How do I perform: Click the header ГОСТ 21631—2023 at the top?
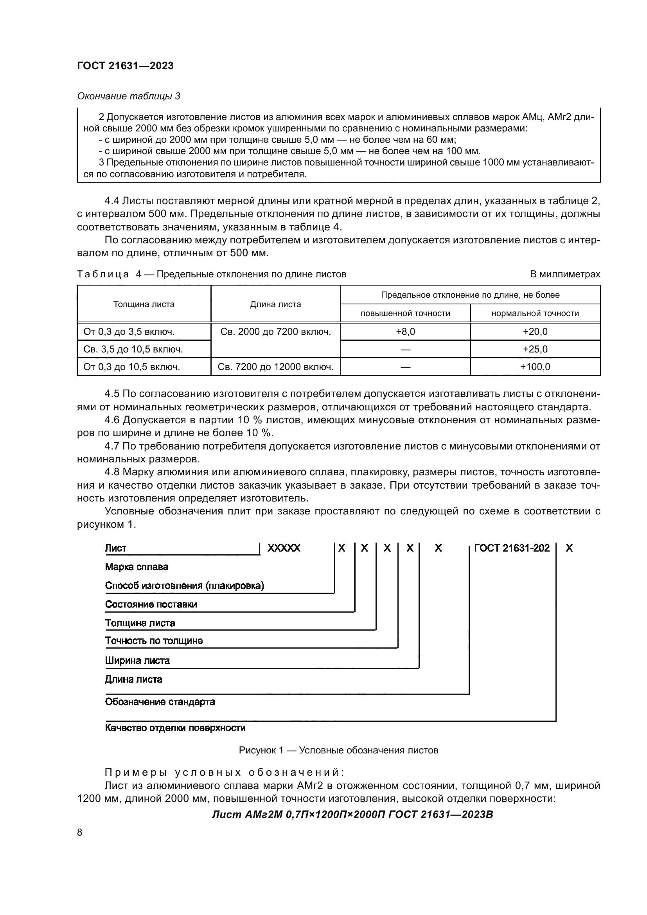point(125,66)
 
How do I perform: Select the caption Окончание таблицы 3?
point(128,96)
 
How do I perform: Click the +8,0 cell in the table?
point(405,332)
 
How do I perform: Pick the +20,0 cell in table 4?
point(535,332)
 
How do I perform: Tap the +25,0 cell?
point(535,349)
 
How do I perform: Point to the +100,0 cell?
point(535,367)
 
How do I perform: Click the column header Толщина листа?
point(144,304)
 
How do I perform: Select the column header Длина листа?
point(275,304)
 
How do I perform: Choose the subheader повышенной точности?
point(405,313)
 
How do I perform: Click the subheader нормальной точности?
point(535,313)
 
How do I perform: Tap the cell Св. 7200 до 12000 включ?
point(275,367)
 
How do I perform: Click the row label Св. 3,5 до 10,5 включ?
point(133,349)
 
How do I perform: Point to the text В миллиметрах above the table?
point(564,274)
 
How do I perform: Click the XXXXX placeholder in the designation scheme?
point(284,548)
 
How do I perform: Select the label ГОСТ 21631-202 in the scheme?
point(512,548)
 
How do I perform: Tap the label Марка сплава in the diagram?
point(136,567)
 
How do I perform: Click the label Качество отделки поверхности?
point(175,728)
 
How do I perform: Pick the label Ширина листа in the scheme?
point(137,660)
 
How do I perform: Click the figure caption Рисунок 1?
point(338,750)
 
